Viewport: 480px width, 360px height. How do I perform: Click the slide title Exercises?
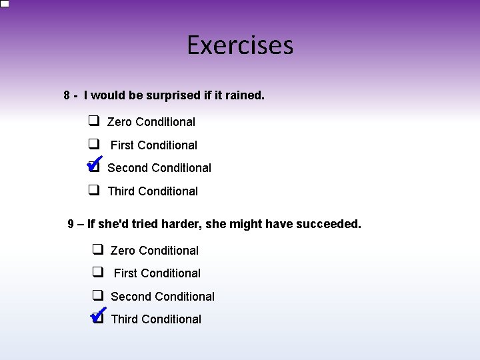pos(240,46)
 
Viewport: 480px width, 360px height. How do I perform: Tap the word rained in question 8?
pos(244,95)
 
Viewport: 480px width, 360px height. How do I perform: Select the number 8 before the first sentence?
pos(67,95)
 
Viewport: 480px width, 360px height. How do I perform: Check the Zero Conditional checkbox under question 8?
pos(94,121)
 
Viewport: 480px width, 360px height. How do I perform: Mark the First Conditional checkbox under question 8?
pos(94,144)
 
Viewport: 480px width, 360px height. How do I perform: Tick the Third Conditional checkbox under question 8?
pos(94,190)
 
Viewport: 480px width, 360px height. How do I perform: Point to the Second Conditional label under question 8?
pos(159,168)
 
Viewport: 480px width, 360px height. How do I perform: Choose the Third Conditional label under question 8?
pos(153,191)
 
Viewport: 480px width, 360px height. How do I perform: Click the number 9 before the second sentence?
pos(71,224)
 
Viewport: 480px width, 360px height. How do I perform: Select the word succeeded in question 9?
pos(327,224)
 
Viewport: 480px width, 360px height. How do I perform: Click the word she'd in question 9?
pos(117,224)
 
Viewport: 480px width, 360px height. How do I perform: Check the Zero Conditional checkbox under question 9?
pos(97,250)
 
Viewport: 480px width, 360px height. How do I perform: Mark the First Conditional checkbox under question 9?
pos(97,272)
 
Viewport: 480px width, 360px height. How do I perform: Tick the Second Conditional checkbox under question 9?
pos(97,295)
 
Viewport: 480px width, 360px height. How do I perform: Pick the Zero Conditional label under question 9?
pos(155,251)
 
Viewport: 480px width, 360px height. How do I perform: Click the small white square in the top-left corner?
pos(5,3)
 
